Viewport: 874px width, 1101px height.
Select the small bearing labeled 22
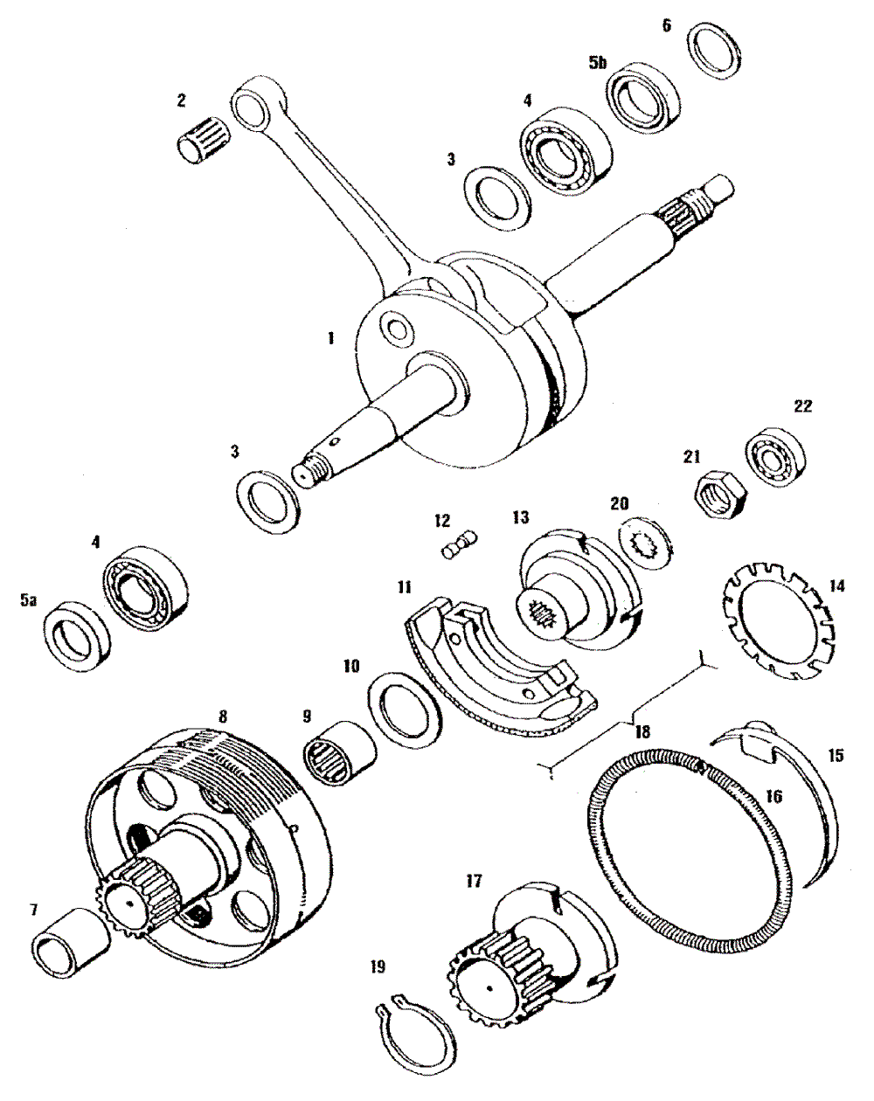[x=776, y=457]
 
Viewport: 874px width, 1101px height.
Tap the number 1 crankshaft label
[x=331, y=337]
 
